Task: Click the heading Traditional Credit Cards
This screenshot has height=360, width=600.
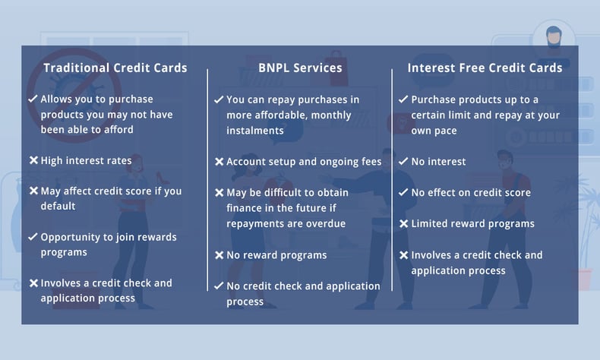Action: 115,68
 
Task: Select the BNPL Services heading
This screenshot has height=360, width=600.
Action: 300,68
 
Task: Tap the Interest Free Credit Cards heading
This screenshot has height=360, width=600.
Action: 485,68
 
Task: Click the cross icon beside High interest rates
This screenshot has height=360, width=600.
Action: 33,160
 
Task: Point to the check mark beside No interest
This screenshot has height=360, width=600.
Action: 403,161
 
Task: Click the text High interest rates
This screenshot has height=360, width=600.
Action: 86,160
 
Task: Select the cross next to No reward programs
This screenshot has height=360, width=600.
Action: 219,254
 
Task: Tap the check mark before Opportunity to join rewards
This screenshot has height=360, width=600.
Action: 33,236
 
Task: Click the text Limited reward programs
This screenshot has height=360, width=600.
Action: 472,223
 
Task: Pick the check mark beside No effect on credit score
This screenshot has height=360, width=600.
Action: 403,192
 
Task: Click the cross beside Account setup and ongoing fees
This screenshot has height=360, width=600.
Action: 219,162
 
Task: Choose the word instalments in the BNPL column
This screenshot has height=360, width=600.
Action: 255,131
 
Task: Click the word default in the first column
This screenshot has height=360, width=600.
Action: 58,206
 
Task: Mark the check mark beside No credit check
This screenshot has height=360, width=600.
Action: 219,286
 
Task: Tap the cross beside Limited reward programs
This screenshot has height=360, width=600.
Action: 404,223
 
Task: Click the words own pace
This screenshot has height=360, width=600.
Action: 434,131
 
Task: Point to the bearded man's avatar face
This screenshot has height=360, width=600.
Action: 554,37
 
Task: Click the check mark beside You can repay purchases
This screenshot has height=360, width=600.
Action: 219,99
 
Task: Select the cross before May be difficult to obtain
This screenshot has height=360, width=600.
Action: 219,192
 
